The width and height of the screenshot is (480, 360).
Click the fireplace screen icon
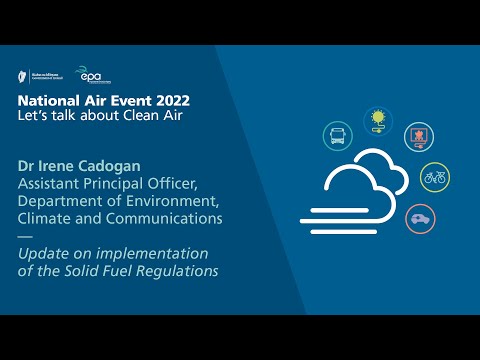[x=419, y=137]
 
